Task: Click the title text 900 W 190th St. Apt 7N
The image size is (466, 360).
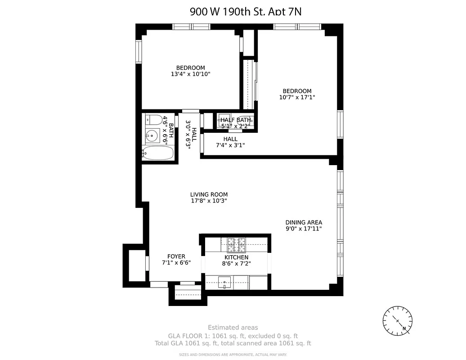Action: [x=245, y=12]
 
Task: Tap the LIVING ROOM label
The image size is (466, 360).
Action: [x=209, y=194]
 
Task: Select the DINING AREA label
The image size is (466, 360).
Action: [x=304, y=222]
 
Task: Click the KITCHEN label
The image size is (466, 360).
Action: [x=237, y=257]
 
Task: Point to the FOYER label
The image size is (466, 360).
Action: [x=176, y=256]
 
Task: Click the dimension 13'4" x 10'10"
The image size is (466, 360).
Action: [x=191, y=74]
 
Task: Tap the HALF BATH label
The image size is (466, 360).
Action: [x=236, y=120]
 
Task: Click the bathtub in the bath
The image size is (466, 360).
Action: [x=158, y=153]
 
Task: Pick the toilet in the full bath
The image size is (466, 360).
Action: [x=154, y=120]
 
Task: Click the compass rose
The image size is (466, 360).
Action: [x=398, y=320]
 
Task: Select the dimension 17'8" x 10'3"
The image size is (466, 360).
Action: [x=209, y=201]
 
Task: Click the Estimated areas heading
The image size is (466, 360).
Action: [x=233, y=328]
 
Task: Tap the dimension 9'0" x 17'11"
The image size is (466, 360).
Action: [x=304, y=229]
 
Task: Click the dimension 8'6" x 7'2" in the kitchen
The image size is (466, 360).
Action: [x=237, y=264]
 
